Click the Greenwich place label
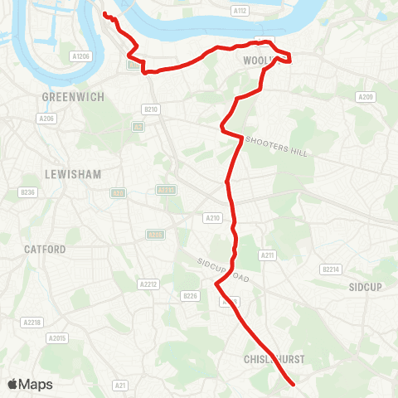pos(73,97)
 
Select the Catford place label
pos(45,249)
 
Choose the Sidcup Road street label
pos(223,270)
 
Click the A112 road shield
pos(240,11)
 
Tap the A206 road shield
pos(46,119)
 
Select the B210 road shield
pos(150,109)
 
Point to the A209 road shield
pos(366,97)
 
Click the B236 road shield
pos(28,192)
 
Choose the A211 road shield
pos(267,255)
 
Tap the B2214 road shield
pos(331,269)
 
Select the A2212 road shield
pos(148,284)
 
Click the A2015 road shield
pos(57,337)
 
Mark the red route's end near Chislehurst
pos(294,384)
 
